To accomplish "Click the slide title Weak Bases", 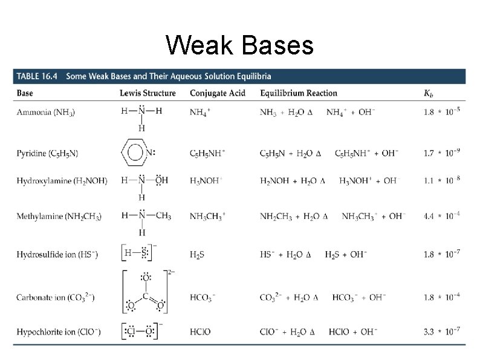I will click(x=239, y=45).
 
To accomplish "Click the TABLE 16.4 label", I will click(x=37, y=76).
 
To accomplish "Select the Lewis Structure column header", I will click(x=148, y=93).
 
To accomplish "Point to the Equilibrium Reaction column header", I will click(x=299, y=93).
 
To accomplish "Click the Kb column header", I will click(x=429, y=94).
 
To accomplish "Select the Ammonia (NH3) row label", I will click(x=46, y=113).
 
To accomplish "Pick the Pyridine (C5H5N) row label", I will click(x=47, y=154).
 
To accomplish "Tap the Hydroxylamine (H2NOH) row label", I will click(x=62, y=180).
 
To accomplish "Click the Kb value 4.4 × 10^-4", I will click(x=442, y=216).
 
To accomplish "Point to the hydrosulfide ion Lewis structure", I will click(x=140, y=254).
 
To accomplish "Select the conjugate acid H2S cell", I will click(x=197, y=255).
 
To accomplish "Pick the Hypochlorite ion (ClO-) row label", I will click(x=59, y=332).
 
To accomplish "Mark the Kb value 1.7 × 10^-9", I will click(x=442, y=153).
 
